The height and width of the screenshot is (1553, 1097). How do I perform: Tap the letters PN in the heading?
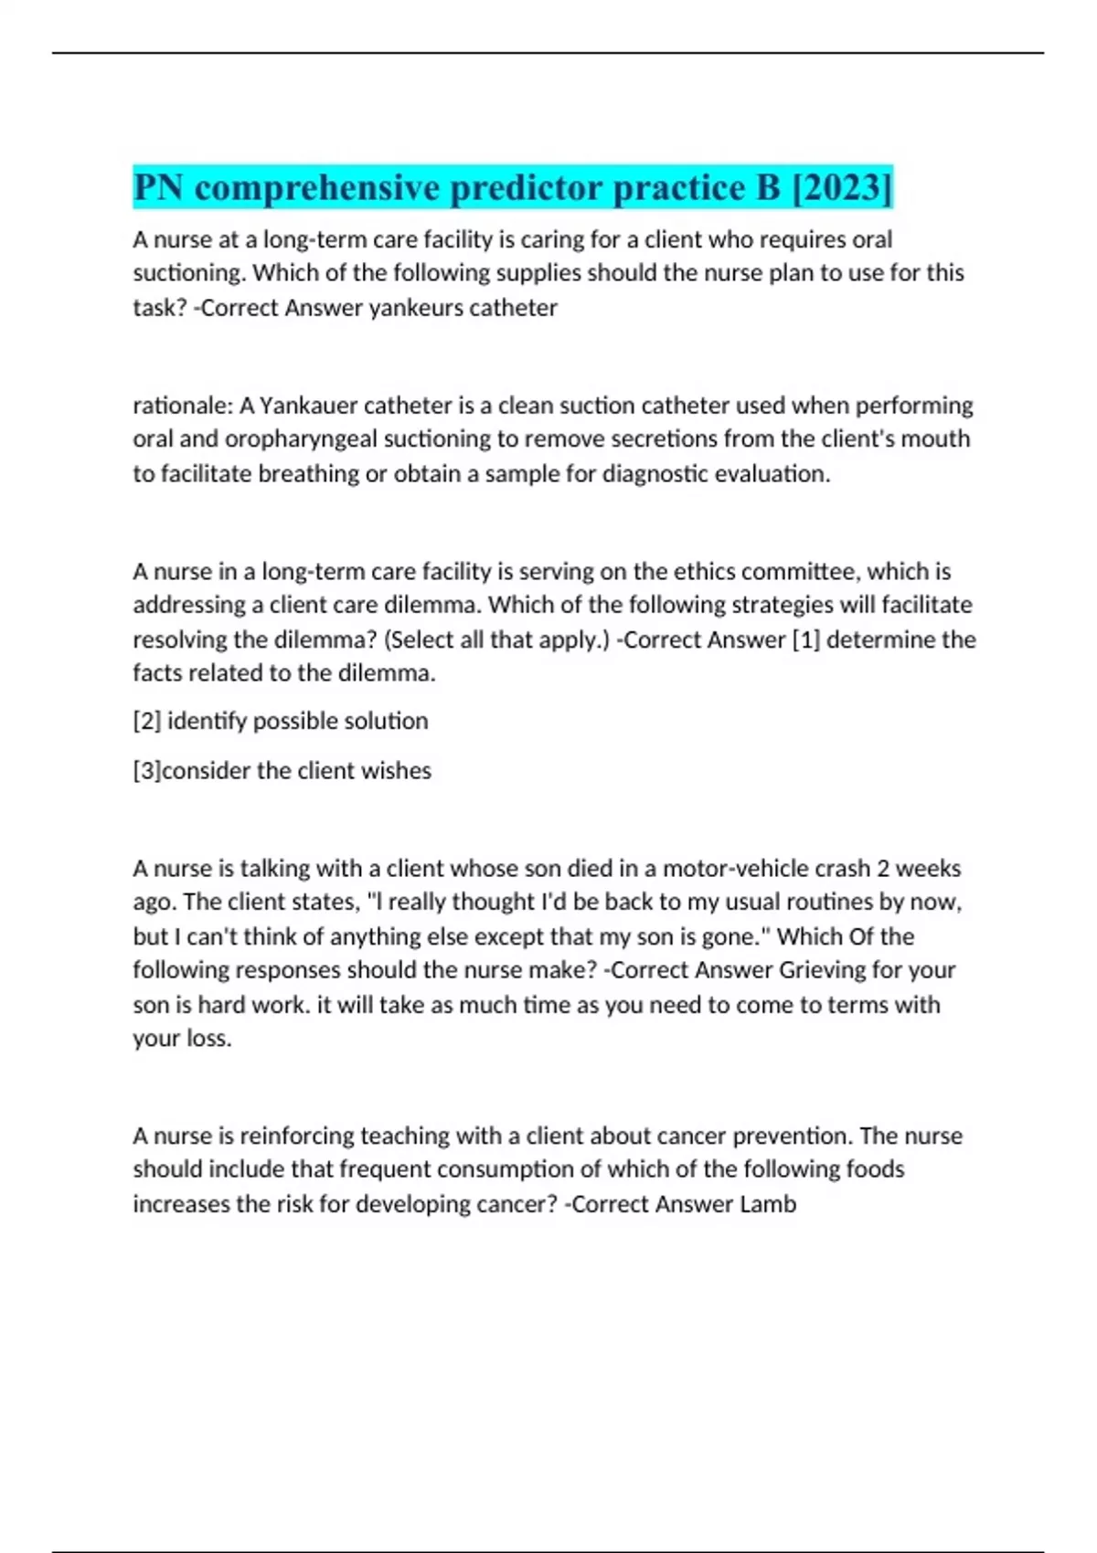pyautogui.click(x=158, y=187)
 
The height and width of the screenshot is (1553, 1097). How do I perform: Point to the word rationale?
pyautogui.click(x=183, y=405)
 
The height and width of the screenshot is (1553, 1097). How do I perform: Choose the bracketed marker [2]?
pyautogui.click(x=147, y=722)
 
